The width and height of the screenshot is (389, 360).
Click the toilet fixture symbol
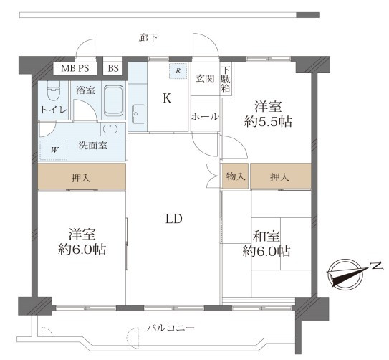coord(53,90)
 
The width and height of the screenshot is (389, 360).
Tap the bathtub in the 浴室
coord(114,100)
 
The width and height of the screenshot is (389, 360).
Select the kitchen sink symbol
coord(138,114)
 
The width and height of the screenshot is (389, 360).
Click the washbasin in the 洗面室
coord(110,130)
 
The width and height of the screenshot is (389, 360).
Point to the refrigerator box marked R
coord(178,71)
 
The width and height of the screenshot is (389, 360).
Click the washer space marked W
coord(54,150)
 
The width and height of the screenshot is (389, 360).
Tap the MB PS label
coord(75,68)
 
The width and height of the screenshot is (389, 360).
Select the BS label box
coord(113,68)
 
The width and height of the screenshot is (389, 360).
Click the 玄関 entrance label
coord(205,79)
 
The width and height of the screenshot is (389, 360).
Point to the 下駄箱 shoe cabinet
coord(226,79)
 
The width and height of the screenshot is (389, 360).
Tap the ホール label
coord(205,117)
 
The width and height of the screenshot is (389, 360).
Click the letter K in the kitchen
coord(167,98)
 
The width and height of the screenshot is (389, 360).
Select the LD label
coord(174,219)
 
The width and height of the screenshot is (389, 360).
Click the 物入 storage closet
coord(235,176)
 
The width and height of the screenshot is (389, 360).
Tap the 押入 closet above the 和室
coord(281,176)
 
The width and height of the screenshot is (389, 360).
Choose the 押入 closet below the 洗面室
coord(82,176)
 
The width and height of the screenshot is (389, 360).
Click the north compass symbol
coord(345,274)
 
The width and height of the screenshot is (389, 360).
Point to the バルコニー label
coord(171,328)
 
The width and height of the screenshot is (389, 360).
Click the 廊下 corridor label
coord(148,38)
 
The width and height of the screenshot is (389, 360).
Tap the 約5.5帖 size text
coord(268,122)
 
